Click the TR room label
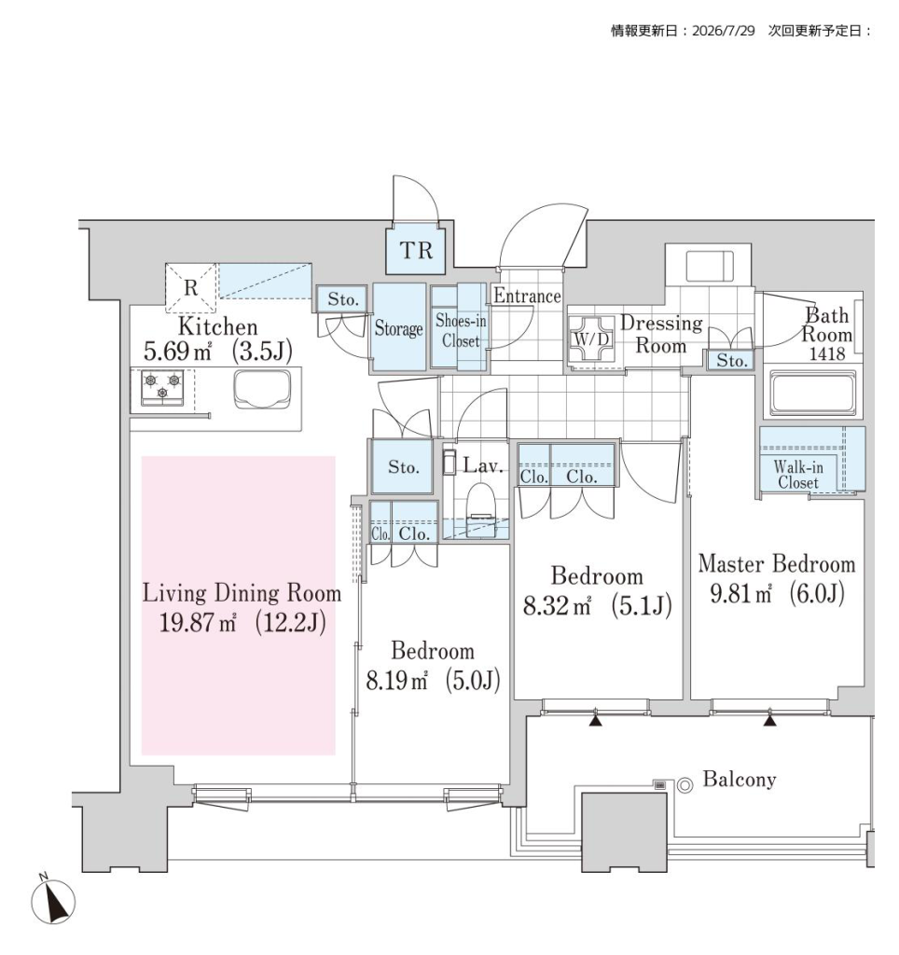(417, 250)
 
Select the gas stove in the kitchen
(162, 388)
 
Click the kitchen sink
(262, 390)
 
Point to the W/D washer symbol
(591, 339)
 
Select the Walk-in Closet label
(798, 475)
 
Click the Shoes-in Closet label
(461, 331)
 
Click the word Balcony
(740, 779)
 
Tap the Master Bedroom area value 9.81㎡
(740, 593)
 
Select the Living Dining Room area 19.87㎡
(198, 622)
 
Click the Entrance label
(527, 296)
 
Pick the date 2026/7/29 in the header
(724, 31)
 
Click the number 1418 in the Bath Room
(826, 353)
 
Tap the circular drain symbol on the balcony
(685, 785)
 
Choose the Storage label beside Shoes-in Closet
(398, 328)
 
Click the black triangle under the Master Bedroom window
(770, 721)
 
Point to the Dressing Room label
(661, 335)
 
